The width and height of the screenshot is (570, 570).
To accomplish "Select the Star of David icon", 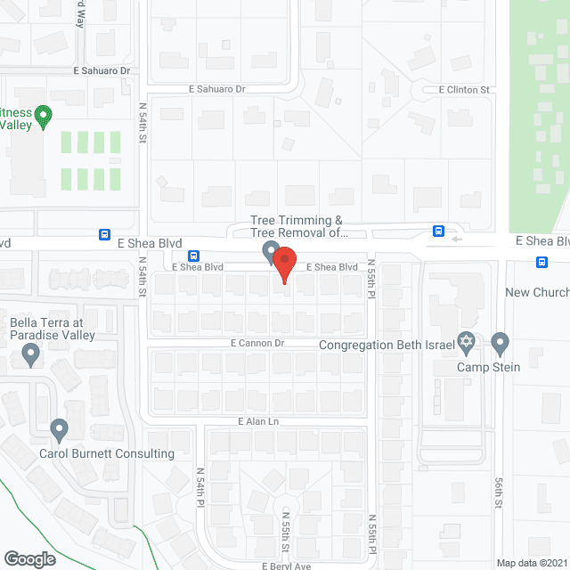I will pos(464,343).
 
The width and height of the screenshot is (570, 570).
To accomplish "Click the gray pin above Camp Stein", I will pos(500,343).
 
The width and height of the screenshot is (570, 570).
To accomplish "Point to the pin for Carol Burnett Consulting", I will pos(60,430).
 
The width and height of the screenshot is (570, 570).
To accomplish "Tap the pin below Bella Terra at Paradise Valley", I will pos(32,356).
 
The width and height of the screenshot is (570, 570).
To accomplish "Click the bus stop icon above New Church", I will pos(542,262).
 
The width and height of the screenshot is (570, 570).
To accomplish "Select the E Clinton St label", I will pos(464,90).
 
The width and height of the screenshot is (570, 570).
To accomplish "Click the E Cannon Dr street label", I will pos(256,343).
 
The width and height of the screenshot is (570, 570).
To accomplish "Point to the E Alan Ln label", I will pos(258,421).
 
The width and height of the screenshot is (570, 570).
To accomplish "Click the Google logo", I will pos(29,558).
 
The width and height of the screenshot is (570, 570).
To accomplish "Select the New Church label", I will pos(536,292).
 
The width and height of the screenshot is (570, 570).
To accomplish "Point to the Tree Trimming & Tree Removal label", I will pos(297,226).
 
